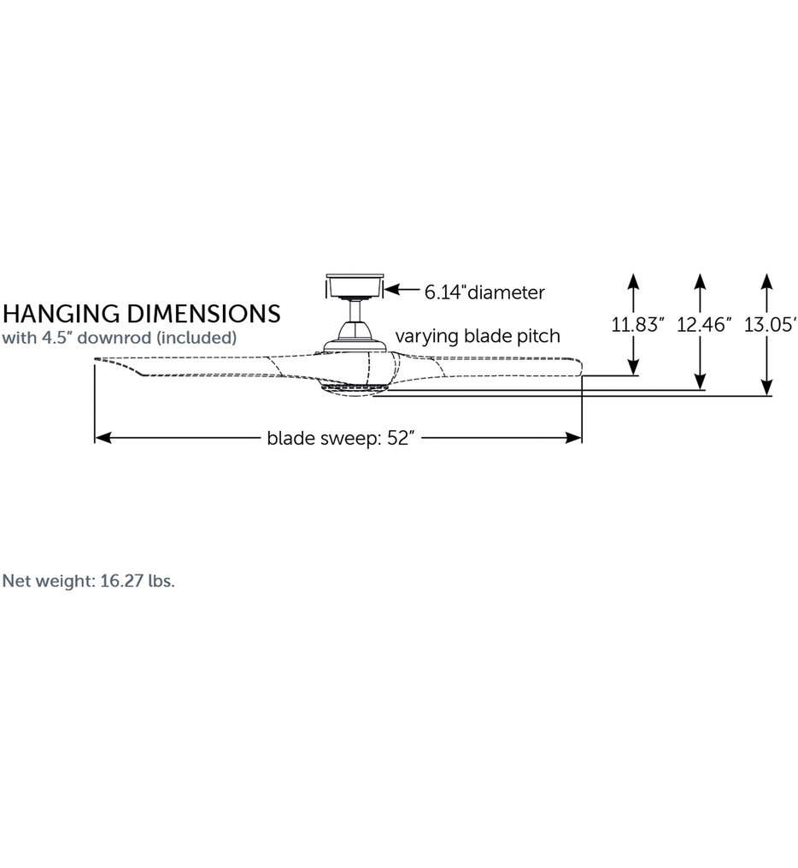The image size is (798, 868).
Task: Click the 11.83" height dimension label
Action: point(637,324)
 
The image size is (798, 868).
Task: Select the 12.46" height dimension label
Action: point(704,324)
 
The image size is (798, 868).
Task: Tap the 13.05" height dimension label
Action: point(771,324)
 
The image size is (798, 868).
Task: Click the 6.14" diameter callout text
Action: point(484,292)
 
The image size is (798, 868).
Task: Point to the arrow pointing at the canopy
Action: point(402,289)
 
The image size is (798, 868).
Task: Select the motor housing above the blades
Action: point(354,338)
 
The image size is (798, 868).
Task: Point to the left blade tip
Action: point(96,360)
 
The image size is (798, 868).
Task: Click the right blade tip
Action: point(581,369)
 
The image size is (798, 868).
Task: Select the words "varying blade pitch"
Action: point(478,336)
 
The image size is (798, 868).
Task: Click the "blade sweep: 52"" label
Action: point(341,438)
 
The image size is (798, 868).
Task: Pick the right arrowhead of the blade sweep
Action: point(573,438)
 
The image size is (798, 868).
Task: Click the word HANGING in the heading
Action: point(61,314)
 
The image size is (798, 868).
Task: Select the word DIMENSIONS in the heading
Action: point(204,314)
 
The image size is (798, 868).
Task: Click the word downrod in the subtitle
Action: point(114,338)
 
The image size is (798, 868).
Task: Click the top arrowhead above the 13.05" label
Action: point(766,281)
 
